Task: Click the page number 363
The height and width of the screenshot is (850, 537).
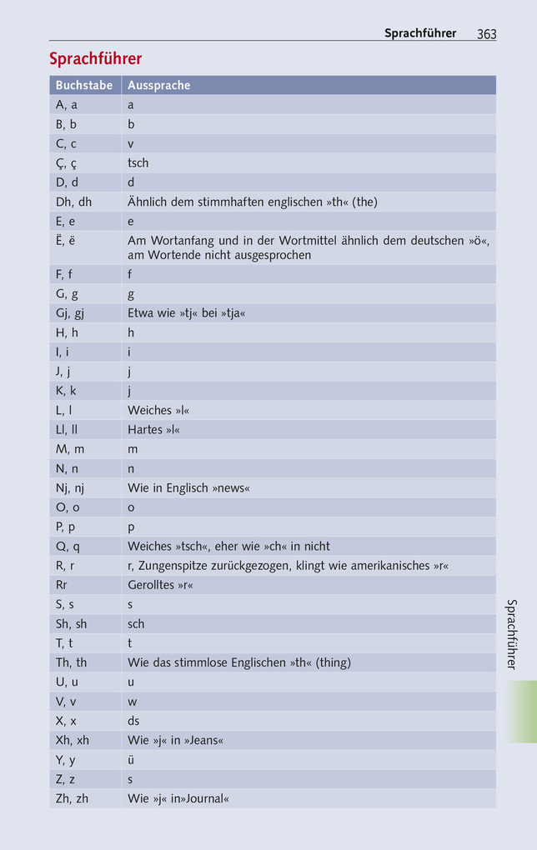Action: point(486,34)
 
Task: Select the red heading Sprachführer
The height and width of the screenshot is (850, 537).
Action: point(95,59)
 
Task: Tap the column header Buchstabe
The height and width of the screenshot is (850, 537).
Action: point(83,85)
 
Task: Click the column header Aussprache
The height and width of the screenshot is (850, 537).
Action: point(158,85)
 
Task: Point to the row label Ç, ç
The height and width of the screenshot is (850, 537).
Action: point(67,162)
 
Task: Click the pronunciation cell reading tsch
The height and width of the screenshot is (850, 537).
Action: point(138,162)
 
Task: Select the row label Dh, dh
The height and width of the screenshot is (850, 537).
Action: point(73,202)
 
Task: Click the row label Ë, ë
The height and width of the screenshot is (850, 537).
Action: point(65,240)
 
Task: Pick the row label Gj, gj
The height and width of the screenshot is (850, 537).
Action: point(70,313)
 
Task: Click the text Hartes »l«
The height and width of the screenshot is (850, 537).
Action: point(153,430)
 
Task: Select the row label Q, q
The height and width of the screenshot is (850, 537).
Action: point(68,547)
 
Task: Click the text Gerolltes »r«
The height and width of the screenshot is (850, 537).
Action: point(159,585)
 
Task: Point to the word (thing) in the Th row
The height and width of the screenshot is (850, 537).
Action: point(333,662)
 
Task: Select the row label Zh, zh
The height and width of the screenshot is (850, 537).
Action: point(72,798)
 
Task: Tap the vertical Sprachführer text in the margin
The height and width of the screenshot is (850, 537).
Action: point(512,634)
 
